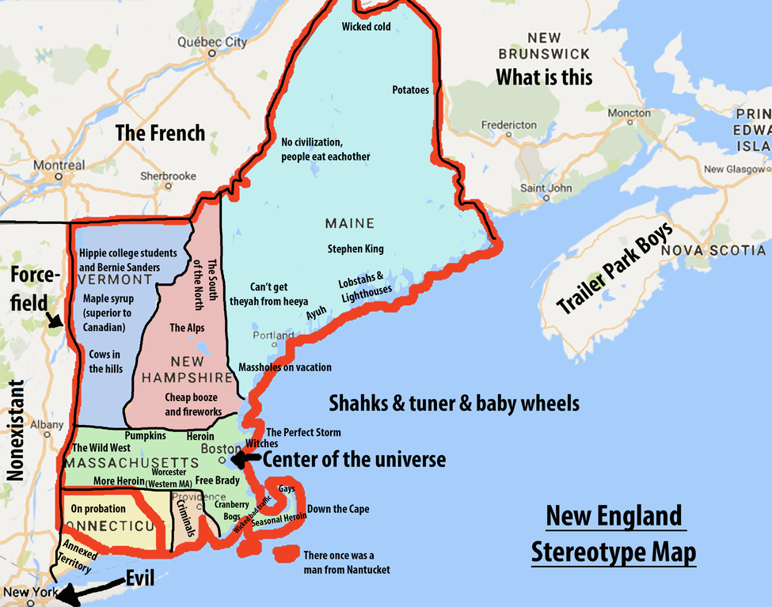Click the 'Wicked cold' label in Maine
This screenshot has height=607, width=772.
tap(366, 27)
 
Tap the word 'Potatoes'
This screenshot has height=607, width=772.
tap(410, 90)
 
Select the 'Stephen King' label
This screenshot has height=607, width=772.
tap(356, 249)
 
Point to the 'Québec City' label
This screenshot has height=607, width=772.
tap(212, 42)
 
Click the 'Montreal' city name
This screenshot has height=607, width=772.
tap(59, 165)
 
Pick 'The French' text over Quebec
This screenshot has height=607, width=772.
tap(160, 133)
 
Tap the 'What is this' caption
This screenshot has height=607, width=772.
tap(544, 77)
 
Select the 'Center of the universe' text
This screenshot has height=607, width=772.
tap(354, 460)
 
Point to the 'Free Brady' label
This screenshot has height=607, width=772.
tap(217, 480)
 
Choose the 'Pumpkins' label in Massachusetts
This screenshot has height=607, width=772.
tap(145, 436)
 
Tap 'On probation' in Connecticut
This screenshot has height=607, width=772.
tap(99, 508)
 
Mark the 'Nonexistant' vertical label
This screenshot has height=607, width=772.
tap(16, 431)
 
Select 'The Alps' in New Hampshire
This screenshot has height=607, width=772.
tap(187, 328)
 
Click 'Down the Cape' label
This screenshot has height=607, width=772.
tap(338, 509)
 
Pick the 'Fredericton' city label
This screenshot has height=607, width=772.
tap(508, 125)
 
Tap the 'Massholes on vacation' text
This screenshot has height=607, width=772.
tap(285, 367)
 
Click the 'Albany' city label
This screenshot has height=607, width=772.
tap(46, 425)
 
